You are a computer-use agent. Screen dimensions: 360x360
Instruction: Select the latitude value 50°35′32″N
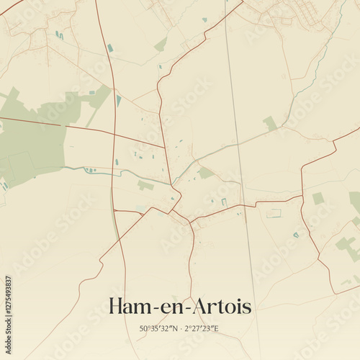tap(160, 328)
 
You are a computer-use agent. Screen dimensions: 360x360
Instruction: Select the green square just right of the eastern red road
tap(318, 198)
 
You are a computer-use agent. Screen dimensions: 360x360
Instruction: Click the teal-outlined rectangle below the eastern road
tap(274, 213)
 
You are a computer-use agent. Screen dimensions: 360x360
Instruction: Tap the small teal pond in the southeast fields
tap(295, 234)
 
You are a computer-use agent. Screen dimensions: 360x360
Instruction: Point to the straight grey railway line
tap(241, 180)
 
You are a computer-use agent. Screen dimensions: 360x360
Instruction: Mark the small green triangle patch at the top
tap(161, 45)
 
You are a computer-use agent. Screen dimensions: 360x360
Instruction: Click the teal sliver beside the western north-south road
tap(119, 100)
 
